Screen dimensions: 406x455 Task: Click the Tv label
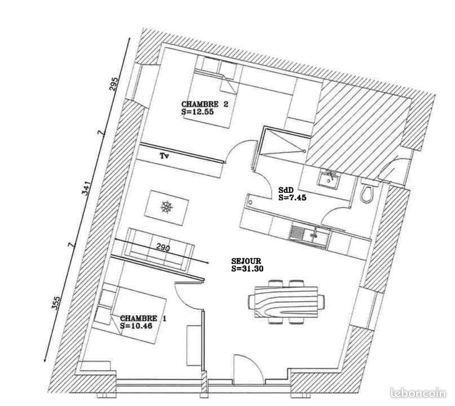(164, 156)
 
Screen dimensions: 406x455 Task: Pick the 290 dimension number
(163, 249)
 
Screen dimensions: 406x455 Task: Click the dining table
(286, 301)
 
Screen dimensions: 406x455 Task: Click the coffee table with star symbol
(167, 208)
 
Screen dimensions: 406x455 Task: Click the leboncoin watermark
(419, 393)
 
